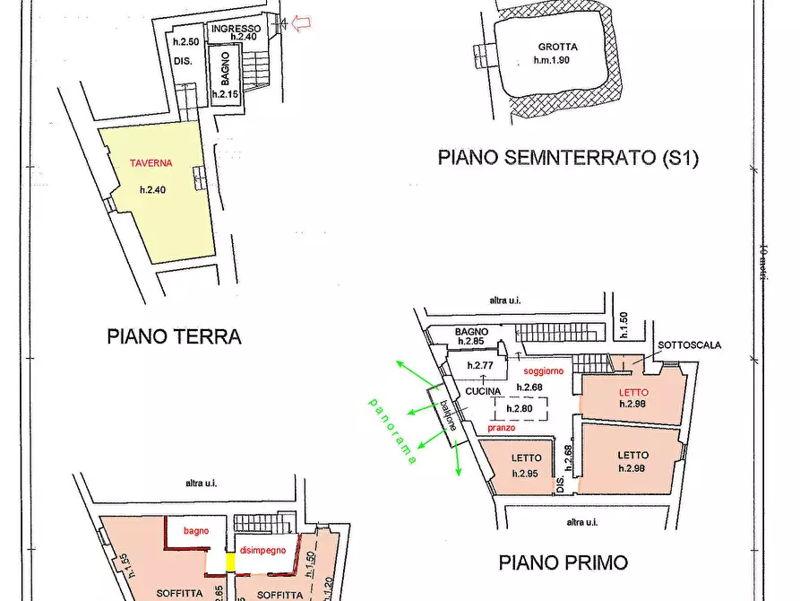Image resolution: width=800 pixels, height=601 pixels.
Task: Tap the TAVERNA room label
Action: (149, 163)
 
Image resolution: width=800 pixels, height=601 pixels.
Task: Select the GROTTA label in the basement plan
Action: (558, 48)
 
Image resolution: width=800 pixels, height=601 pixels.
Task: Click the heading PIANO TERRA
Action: (174, 337)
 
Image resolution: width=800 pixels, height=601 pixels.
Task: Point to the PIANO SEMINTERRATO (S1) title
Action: (567, 159)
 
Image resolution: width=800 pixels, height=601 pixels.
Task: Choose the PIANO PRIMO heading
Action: (563, 563)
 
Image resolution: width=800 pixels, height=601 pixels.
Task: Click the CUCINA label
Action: (482, 390)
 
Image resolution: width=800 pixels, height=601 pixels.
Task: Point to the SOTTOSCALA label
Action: (690, 345)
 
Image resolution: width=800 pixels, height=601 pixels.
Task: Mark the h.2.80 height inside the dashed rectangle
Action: (520, 409)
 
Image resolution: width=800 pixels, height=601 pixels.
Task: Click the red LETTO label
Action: (632, 393)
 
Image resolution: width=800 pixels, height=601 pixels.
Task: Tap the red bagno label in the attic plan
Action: (196, 531)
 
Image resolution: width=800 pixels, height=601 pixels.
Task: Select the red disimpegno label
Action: (262, 550)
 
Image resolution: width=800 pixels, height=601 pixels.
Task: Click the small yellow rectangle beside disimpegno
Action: (229, 562)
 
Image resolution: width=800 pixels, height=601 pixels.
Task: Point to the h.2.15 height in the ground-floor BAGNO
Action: (224, 94)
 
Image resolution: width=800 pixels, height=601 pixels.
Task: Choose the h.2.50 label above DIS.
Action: (185, 42)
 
